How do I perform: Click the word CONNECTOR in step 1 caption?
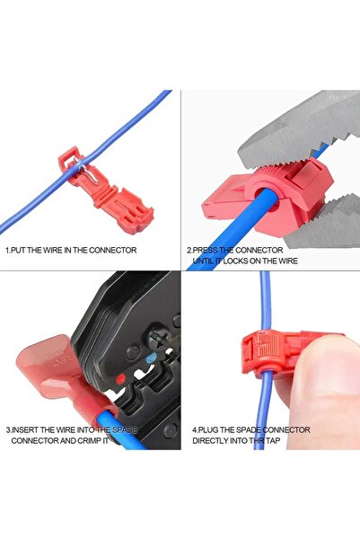click(x=111, y=250)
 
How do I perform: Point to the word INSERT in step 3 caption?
click(x=25, y=429)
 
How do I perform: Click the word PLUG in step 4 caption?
click(x=207, y=429)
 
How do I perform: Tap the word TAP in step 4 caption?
click(x=273, y=440)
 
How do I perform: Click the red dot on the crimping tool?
click(x=119, y=379)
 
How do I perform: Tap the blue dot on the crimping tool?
click(x=151, y=359)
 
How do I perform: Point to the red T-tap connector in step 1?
click(x=106, y=190)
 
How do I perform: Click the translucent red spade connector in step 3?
click(x=66, y=379)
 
